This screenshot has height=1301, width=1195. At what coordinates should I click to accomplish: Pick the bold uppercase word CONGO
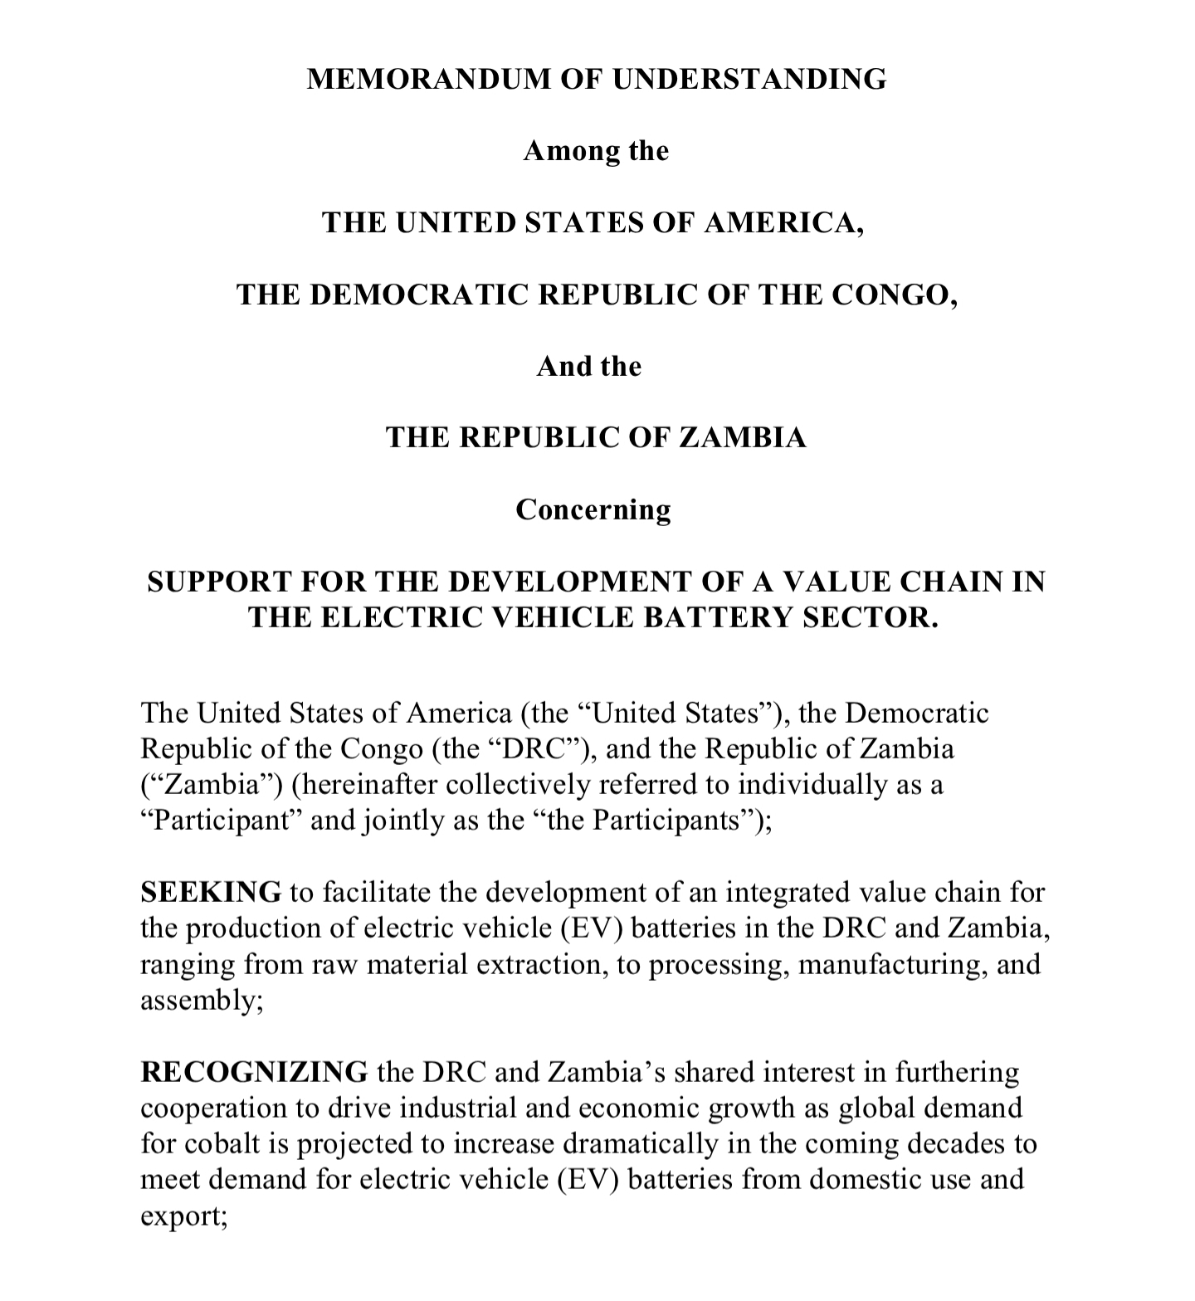(893, 295)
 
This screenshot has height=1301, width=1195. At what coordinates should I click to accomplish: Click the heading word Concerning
(593, 509)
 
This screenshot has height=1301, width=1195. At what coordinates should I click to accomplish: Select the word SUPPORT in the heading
(218, 582)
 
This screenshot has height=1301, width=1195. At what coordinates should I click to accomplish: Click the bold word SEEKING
(211, 893)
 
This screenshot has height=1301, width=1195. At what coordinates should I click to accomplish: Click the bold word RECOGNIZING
(254, 1073)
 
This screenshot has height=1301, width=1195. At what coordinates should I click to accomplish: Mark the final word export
(182, 1216)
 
